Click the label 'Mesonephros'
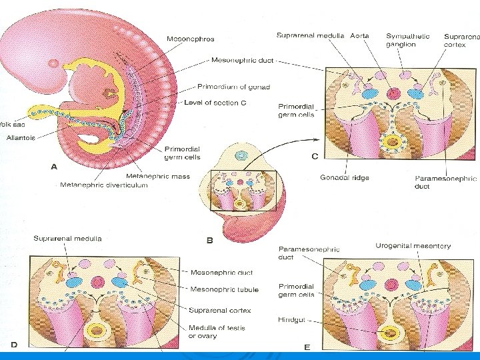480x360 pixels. point(191,39)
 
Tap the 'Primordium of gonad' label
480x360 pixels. point(233,86)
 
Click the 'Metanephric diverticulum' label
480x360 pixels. point(103,185)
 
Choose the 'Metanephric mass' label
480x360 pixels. point(158,176)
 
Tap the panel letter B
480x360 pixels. point(209,241)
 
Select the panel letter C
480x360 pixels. point(315,157)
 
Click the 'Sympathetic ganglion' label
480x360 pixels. point(407,40)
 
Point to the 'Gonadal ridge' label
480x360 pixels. point(345,178)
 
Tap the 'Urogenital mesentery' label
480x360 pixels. point(413,246)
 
